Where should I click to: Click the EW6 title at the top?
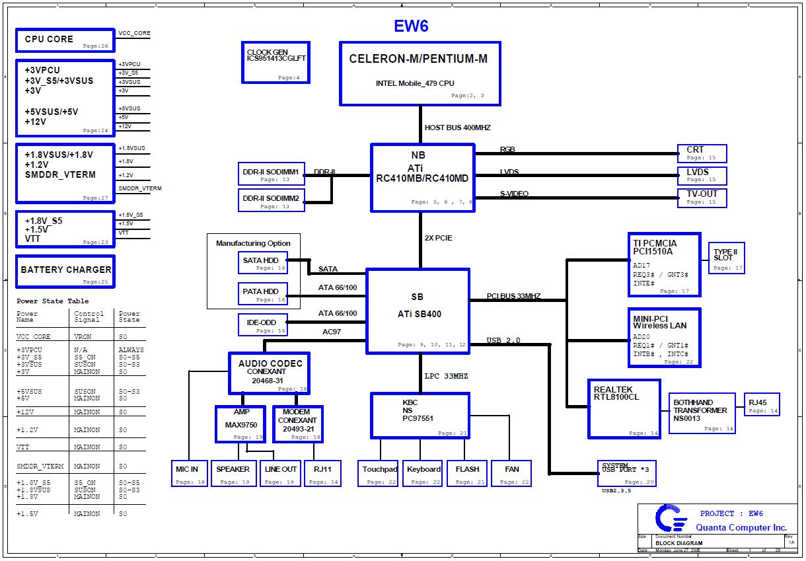411,26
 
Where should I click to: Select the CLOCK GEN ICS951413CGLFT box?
275,62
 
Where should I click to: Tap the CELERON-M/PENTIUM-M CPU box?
420,73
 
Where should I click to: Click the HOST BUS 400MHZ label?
457,128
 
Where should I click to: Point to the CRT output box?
702,153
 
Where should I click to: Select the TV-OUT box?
702,198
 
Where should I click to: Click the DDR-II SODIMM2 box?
271,200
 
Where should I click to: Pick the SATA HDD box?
263,263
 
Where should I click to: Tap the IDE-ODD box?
263,324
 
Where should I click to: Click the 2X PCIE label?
438,238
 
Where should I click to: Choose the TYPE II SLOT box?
727,258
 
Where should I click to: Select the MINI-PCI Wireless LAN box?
663,337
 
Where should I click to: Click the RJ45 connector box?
761,404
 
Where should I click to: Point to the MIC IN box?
188,473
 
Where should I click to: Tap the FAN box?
511,473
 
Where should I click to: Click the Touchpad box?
379,473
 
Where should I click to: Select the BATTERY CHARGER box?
65,271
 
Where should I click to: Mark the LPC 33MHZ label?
446,376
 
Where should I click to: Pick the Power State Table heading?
49,301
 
